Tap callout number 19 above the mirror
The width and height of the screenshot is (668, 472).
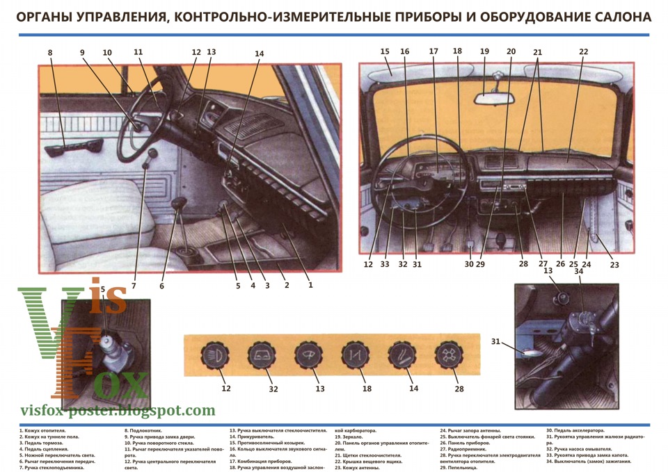tap(484, 51)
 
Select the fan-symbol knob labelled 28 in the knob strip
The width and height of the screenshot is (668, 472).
tap(447, 355)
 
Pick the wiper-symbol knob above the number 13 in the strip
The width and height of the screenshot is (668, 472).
tap(309, 355)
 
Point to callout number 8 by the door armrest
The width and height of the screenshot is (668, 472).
tap(50, 52)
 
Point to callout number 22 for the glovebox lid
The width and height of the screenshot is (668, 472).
tap(583, 51)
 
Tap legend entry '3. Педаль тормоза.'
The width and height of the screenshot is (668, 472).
tap(42, 443)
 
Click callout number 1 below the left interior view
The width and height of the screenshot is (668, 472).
tap(310, 284)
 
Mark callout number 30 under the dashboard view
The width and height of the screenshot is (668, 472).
tap(469, 264)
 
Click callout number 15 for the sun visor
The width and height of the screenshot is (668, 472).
tap(385, 51)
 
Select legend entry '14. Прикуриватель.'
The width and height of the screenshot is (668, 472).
tap(252, 437)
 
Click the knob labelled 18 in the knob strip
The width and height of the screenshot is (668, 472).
tap(355, 355)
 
